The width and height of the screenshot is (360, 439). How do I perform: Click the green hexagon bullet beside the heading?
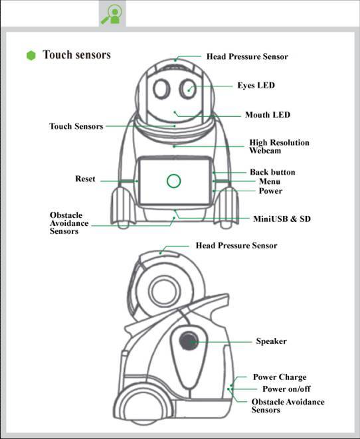tap(31, 55)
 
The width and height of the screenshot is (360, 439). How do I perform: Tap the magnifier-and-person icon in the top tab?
tap(112, 14)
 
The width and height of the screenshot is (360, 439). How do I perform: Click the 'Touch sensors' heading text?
tap(76, 54)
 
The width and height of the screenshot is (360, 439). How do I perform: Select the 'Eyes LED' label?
tap(256, 86)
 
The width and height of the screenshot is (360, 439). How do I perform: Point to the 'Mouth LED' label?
tap(268, 115)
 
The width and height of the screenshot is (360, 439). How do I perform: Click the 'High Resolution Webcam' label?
tap(279, 146)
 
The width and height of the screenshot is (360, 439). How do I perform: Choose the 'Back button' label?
tap(272, 172)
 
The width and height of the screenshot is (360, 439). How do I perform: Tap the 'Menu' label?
tap(270, 181)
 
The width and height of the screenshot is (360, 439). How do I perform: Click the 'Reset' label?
tap(85, 179)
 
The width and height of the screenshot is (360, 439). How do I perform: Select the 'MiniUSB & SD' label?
tap(282, 219)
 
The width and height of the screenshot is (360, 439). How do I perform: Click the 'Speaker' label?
tap(271, 341)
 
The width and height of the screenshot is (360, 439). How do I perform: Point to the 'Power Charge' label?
tap(280, 377)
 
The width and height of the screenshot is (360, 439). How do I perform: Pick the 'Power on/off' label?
tap(286, 389)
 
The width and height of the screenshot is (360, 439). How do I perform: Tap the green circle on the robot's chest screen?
tap(173, 175)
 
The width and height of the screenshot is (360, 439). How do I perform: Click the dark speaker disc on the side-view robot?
tap(189, 341)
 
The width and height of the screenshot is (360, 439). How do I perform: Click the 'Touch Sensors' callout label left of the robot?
tap(76, 126)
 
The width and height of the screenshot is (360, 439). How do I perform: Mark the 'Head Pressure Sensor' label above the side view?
tap(236, 246)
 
